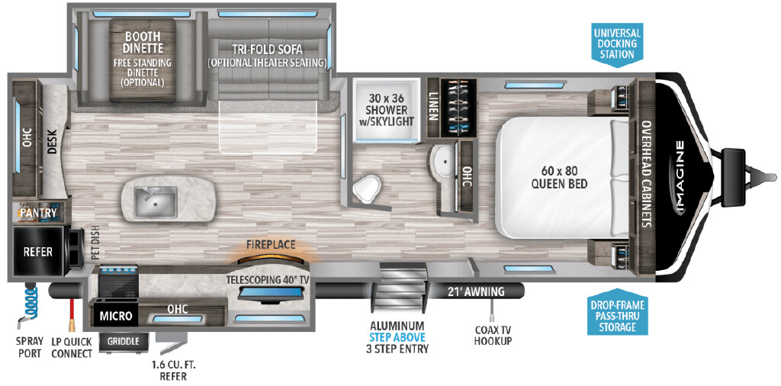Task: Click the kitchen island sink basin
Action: point(156,201)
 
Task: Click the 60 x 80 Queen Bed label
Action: point(559,177)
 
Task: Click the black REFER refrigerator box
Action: point(38,252)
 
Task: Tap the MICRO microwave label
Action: point(116,316)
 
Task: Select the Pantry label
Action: point(38,213)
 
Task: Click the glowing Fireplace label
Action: point(271,245)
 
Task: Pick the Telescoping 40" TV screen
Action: point(272,294)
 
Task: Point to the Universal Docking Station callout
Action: point(616,43)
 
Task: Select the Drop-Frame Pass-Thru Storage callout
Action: point(618,313)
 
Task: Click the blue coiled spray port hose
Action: point(29,302)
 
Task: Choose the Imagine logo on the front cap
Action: point(680,177)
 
